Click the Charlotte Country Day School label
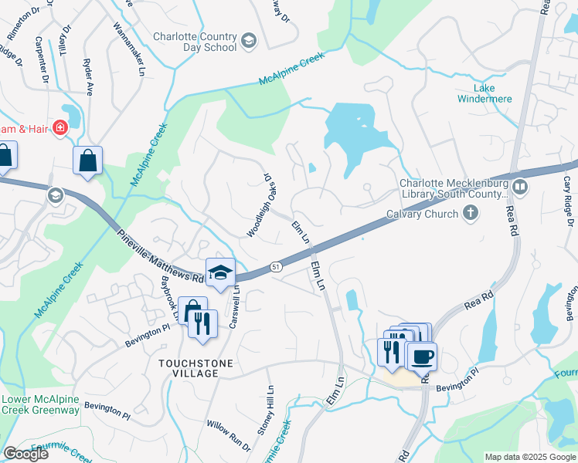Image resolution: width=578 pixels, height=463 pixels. click(194, 42)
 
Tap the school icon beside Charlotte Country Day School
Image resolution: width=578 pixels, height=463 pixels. click(249, 41)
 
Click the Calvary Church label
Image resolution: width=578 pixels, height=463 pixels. click(422, 215)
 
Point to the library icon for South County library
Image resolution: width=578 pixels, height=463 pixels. click(520, 188)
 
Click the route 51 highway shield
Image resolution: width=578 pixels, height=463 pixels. click(276, 266)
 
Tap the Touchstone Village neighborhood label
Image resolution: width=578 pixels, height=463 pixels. click(189, 367)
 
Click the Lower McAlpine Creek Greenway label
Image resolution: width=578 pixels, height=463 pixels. click(40, 404)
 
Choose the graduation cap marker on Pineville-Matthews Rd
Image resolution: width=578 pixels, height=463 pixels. click(220, 272)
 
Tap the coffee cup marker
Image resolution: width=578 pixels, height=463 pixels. click(422, 357)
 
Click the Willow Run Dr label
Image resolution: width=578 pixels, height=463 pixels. click(228, 436)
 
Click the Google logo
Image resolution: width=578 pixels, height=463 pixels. click(25, 454)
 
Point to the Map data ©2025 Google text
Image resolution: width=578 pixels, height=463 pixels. click(529, 457)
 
